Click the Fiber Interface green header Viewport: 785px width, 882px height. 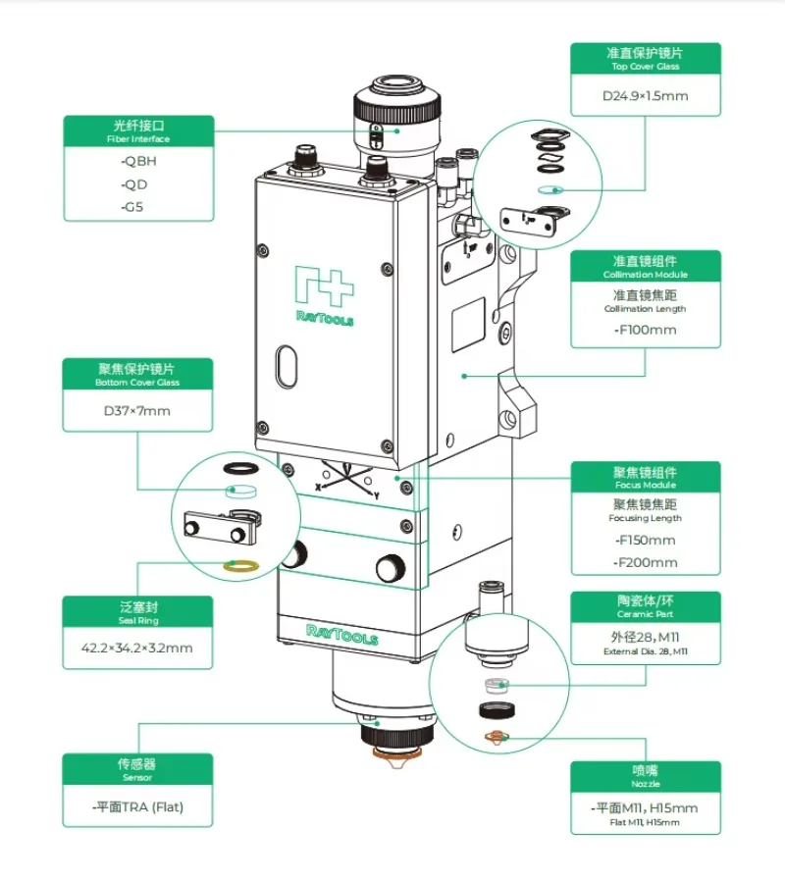(138, 131)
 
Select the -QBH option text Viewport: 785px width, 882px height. (138, 161)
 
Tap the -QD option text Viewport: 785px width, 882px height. (134, 184)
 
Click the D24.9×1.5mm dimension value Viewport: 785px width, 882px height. (645, 96)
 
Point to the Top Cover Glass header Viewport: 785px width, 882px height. (646, 58)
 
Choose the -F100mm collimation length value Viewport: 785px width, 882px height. (645, 330)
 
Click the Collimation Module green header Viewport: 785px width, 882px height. (646, 267)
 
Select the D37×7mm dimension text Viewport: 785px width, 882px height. (137, 410)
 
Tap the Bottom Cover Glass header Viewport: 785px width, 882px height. (137, 376)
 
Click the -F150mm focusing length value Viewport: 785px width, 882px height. (645, 541)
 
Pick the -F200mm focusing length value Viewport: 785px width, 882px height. (645, 562)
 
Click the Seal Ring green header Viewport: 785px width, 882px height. (137, 613)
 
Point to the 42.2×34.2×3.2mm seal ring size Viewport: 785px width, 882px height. (137, 649)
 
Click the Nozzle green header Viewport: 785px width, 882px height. (646, 777)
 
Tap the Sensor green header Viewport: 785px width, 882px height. (137, 768)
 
